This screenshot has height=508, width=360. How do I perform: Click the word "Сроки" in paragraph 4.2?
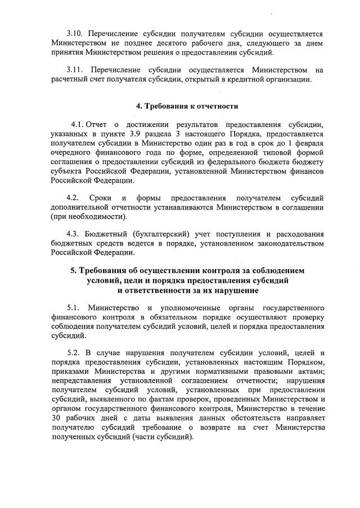coord(100,198)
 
